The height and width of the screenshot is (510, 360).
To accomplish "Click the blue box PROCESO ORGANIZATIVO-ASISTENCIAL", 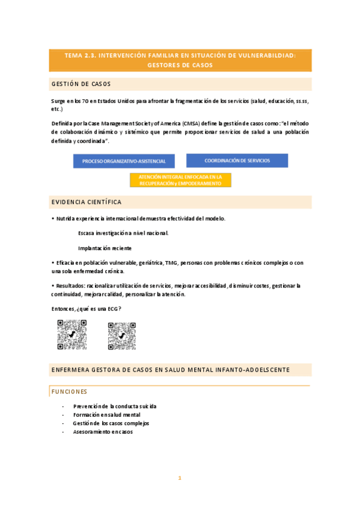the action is pyautogui.click(x=124, y=161).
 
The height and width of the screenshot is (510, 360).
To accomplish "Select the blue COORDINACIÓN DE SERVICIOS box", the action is pyautogui.click(x=237, y=161).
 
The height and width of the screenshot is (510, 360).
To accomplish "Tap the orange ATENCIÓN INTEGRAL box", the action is pyautogui.click(x=180, y=180).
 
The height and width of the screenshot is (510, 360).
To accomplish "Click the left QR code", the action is pyautogui.click(x=72, y=334).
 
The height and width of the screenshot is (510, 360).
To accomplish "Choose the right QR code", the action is pyautogui.click(x=122, y=334).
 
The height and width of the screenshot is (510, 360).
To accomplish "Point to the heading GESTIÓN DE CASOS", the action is pyautogui.click(x=81, y=84).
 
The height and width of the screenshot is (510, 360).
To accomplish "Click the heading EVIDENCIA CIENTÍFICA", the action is pyautogui.click(x=87, y=202).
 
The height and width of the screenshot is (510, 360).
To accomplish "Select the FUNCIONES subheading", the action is pyautogui.click(x=69, y=392).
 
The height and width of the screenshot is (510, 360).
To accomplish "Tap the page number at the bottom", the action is pyautogui.click(x=179, y=478).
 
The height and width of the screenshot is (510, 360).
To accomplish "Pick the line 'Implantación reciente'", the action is pyautogui.click(x=105, y=248).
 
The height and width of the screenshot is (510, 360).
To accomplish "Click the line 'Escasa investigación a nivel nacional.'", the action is pyautogui.click(x=123, y=233).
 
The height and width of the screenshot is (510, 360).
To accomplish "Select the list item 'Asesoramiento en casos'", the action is pyautogui.click(x=103, y=431).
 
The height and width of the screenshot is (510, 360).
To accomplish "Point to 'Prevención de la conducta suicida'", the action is pyautogui.click(x=115, y=406).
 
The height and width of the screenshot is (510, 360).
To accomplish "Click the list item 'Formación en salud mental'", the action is pyautogui.click(x=107, y=414).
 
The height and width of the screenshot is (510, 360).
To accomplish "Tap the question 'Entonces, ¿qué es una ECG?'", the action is pyautogui.click(x=87, y=309).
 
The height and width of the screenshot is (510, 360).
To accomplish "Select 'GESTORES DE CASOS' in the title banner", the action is pyautogui.click(x=180, y=65).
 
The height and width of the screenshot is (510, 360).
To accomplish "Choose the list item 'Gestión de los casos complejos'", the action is pyautogui.click(x=111, y=423).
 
